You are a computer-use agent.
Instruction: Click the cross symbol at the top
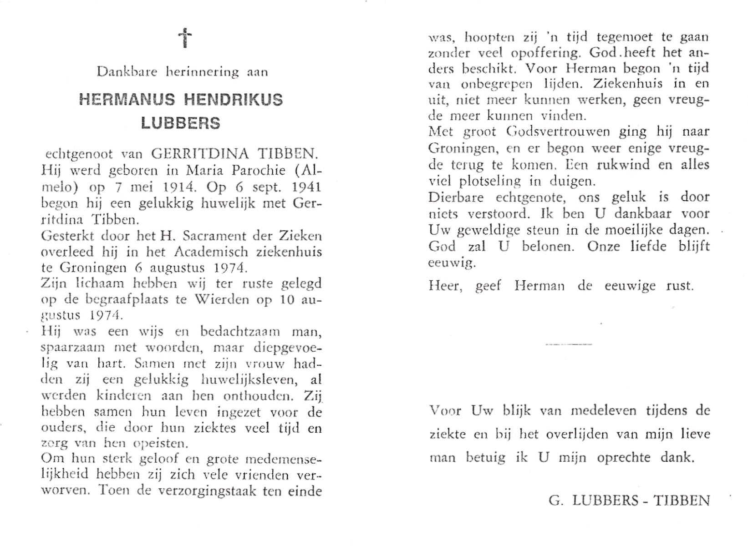coord(185,38)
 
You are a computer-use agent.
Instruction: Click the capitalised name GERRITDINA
coord(191,154)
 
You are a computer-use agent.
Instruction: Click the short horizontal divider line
coord(569,344)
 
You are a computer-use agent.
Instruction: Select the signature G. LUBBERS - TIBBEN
coord(629,500)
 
